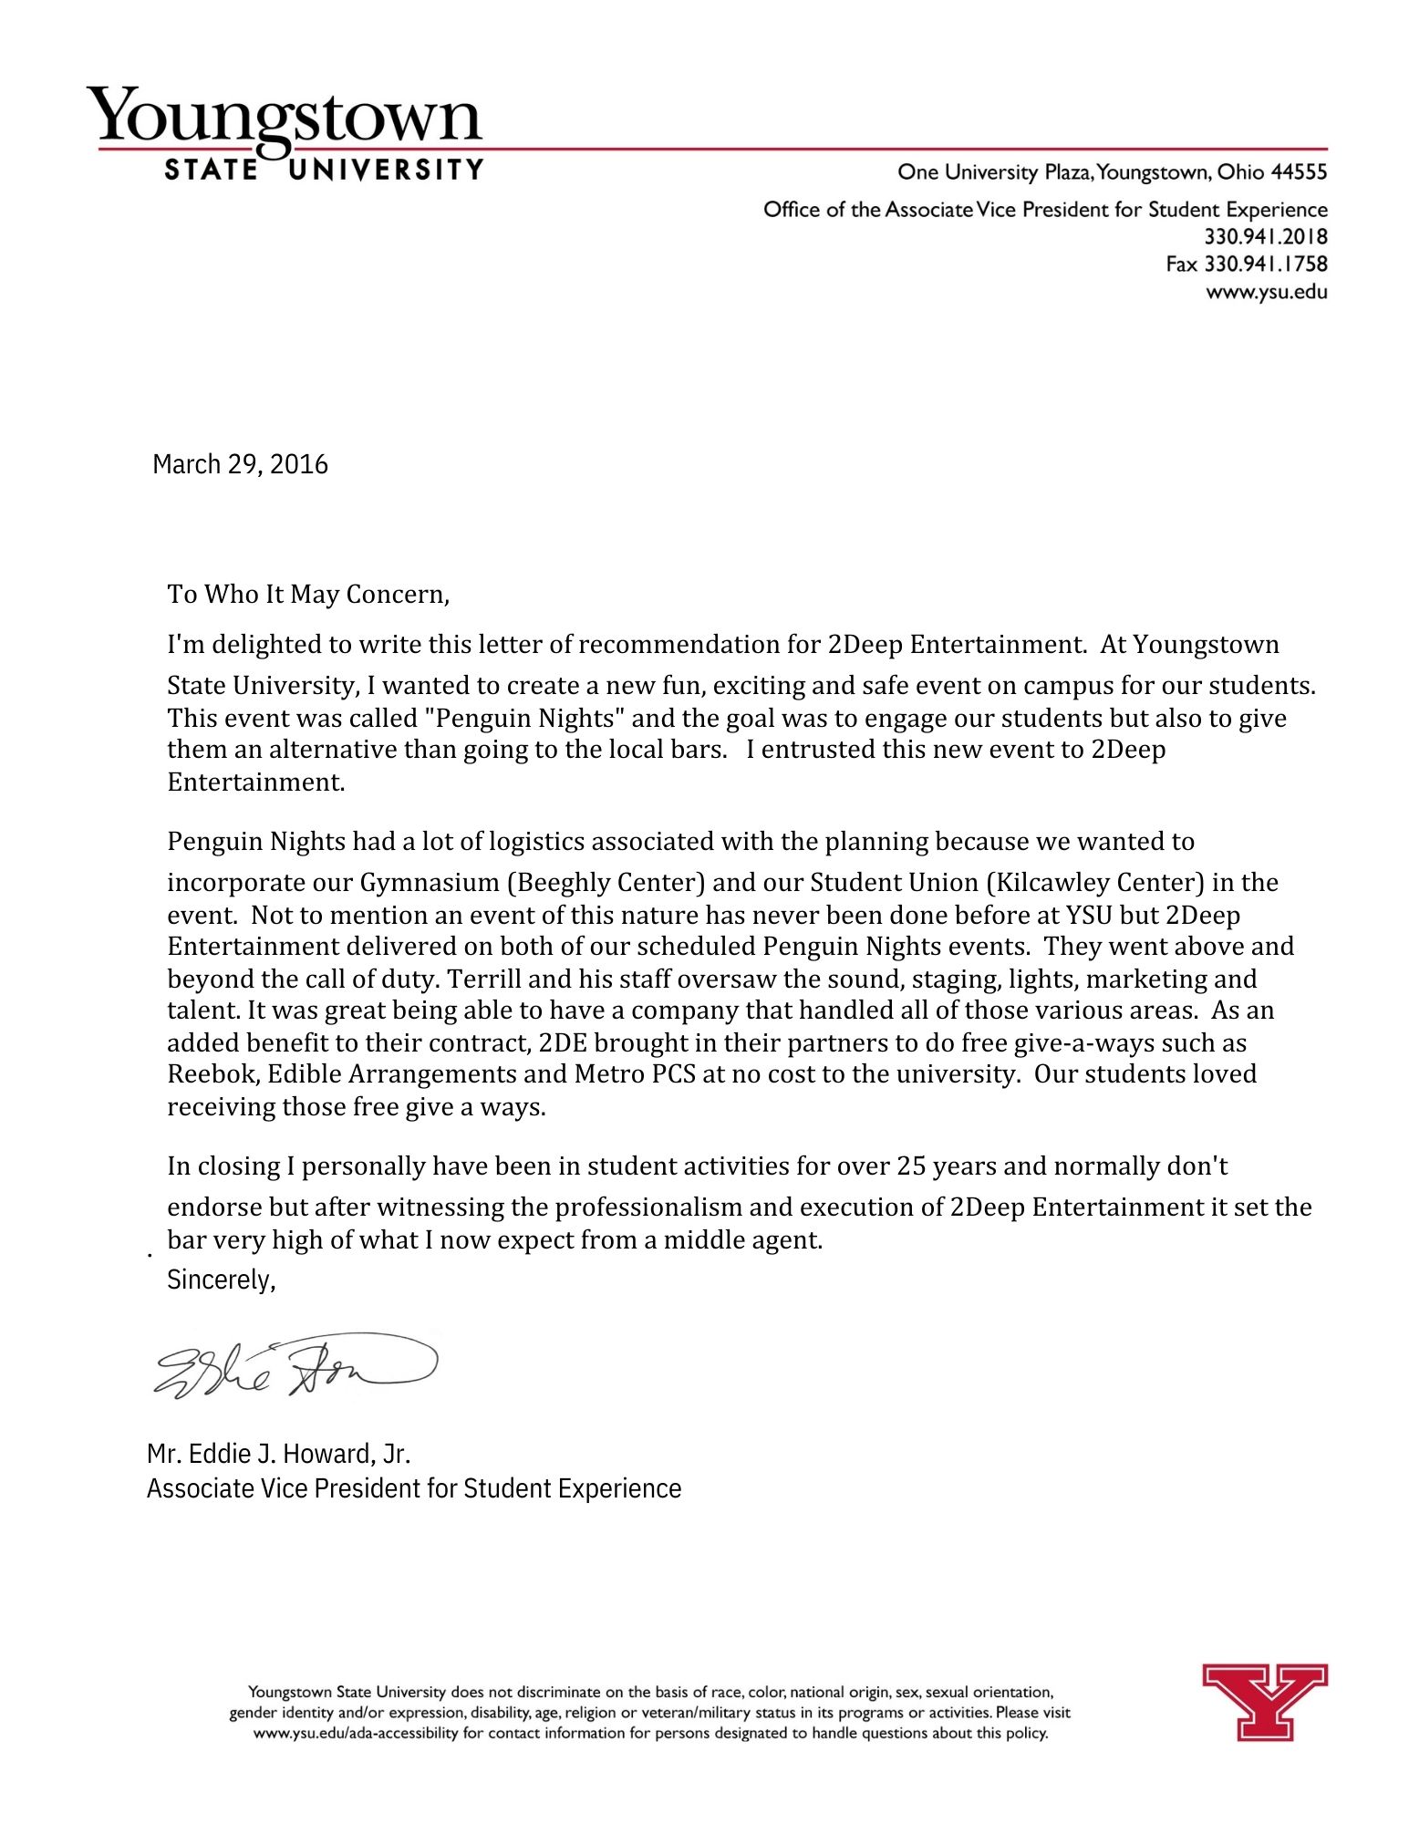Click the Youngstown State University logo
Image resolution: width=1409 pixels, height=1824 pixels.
point(285,132)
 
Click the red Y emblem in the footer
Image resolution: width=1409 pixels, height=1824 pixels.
point(1264,1701)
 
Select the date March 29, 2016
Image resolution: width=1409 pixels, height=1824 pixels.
point(240,464)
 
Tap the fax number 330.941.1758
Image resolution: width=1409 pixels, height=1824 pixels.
point(1266,264)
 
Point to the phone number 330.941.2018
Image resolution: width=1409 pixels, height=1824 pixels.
point(1266,237)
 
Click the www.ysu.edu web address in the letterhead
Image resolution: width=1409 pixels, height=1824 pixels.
point(1266,293)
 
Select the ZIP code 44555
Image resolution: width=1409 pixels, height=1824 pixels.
point(1299,172)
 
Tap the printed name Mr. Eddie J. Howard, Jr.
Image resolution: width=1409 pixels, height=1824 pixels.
point(278,1453)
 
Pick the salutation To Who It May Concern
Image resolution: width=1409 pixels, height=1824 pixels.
point(307,595)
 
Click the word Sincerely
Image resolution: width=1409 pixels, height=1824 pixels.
point(221,1280)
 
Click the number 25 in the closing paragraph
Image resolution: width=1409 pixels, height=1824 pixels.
point(911,1166)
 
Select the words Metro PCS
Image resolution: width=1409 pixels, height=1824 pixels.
point(635,1074)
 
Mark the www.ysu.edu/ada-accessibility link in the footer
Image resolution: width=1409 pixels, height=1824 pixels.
point(356,1733)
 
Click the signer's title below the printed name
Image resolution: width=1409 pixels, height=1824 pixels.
point(414,1488)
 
